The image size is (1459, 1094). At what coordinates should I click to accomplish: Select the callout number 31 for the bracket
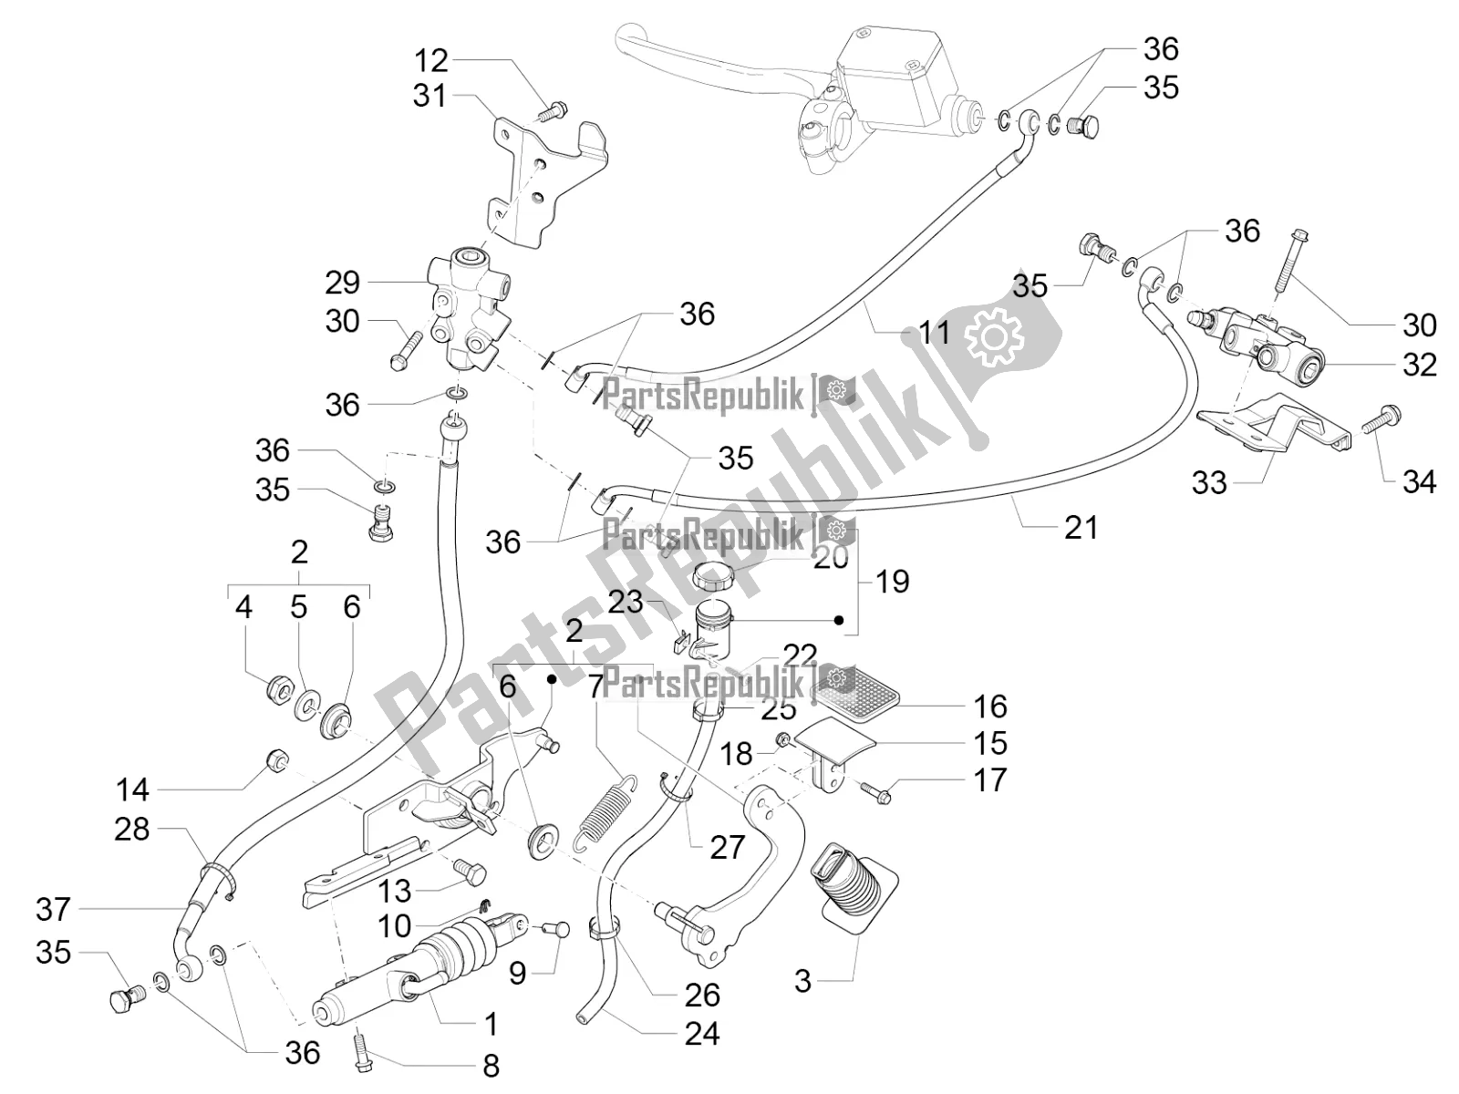click(x=430, y=95)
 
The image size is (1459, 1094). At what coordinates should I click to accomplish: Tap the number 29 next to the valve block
click(x=342, y=283)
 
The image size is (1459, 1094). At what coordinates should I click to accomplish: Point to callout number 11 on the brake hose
click(x=934, y=332)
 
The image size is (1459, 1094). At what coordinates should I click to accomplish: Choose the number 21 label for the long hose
click(x=1081, y=527)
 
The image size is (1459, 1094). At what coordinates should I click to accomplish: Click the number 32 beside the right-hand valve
click(x=1419, y=365)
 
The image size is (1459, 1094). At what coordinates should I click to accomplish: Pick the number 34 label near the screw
click(x=1419, y=481)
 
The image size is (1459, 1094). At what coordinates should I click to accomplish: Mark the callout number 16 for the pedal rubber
click(x=990, y=706)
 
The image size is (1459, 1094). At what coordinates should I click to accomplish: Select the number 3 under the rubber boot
click(x=802, y=981)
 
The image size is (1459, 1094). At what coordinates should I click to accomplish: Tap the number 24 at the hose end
click(x=702, y=1033)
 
